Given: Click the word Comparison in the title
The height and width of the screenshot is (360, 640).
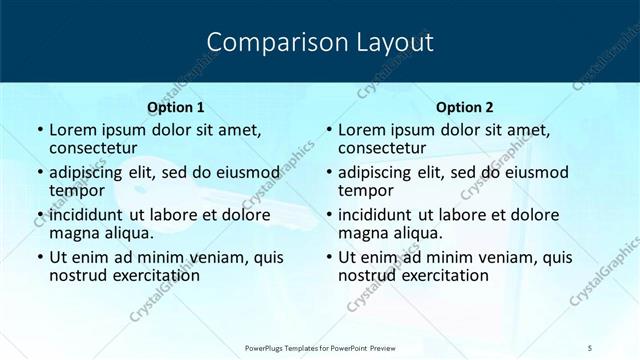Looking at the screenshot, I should click(267, 42).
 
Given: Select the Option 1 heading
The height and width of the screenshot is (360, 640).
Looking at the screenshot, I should click(175, 107).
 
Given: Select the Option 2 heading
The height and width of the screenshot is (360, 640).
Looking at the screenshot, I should click(465, 107).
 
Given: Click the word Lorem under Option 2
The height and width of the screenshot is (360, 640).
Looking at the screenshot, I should click(362, 130).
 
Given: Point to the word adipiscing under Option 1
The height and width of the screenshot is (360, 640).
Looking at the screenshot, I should click(92, 172).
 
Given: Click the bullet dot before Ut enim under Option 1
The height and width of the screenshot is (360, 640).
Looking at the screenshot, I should click(38, 257).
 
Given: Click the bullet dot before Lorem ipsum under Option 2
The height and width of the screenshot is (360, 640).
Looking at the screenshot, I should click(327, 130).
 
